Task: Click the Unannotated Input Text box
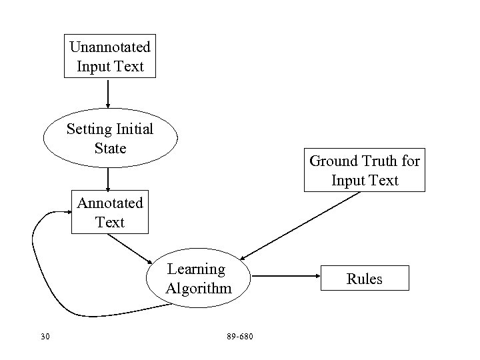pos(110,56)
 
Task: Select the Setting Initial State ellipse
pos(110,138)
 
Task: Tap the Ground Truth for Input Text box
pos(365,170)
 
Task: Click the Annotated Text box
pos(110,212)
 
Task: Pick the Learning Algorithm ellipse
pos(198,279)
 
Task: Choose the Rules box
pos(365,278)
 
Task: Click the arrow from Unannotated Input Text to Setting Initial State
pos(108,92)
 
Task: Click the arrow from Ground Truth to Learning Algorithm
pos(300,226)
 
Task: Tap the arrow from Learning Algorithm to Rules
pos(287,275)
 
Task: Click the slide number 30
pos(45,335)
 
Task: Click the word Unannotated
pos(110,47)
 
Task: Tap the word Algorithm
pos(198,288)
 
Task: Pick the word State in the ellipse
pos(110,148)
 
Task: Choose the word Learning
pos(196,269)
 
